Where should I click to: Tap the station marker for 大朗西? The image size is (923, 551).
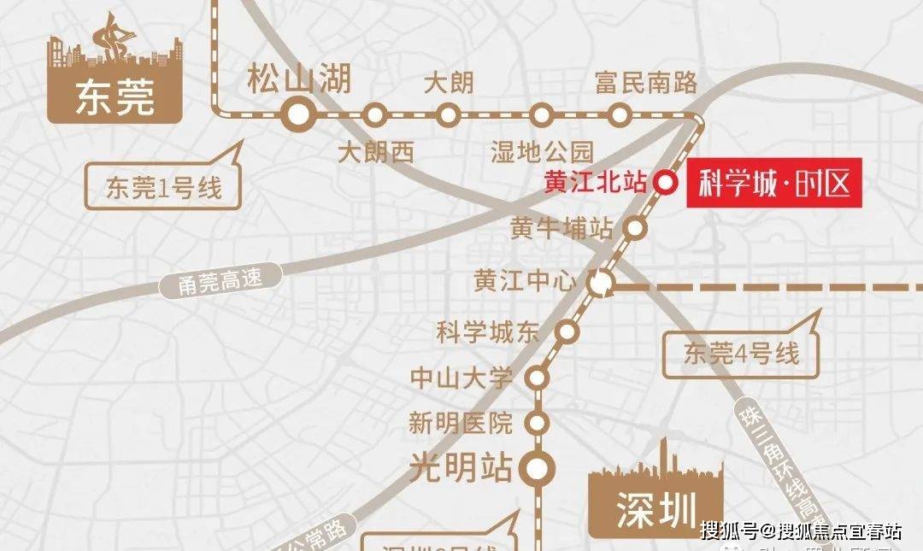click(374, 114)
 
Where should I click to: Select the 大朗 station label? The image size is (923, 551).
click(449, 84)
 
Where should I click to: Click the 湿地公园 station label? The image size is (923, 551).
click(542, 153)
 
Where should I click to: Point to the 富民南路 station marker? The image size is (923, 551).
click(620, 114)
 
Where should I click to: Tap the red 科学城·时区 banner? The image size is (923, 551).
click(774, 184)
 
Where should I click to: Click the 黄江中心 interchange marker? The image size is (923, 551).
click(602, 283)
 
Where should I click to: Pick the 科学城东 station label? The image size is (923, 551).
click(488, 332)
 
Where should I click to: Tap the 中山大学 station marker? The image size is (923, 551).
click(537, 377)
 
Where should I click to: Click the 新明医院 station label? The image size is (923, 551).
click(461, 422)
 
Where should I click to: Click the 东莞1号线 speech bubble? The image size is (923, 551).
click(162, 187)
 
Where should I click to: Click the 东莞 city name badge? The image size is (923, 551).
click(115, 98)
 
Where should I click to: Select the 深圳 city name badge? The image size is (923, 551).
click(656, 511)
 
